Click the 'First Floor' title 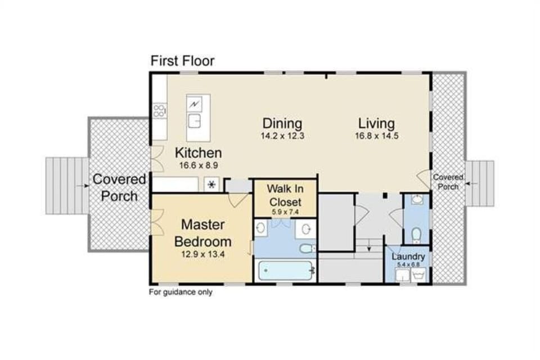click(182, 61)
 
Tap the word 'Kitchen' click(198, 153)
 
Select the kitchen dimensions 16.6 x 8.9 click(198, 165)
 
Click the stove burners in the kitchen click(160, 111)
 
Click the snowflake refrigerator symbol click(211, 185)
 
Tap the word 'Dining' click(282, 123)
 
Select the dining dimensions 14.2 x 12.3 click(282, 136)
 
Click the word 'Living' click(376, 123)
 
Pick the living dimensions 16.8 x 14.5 click(376, 136)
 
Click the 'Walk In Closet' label click(285, 195)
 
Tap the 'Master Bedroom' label click(202, 233)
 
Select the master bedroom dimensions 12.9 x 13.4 click(202, 254)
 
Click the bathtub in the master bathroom click(284, 271)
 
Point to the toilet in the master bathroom click(307, 248)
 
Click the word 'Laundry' click(408, 256)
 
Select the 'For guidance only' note click(180, 292)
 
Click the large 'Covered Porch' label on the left click(119, 187)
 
